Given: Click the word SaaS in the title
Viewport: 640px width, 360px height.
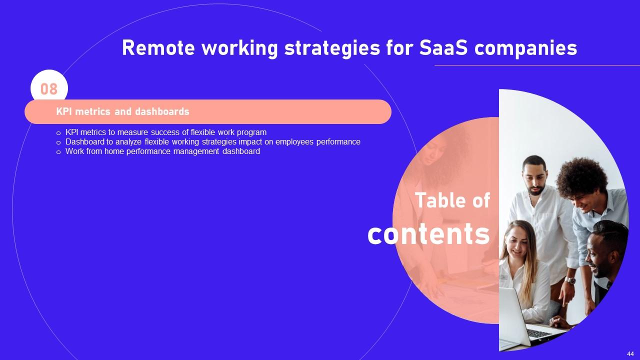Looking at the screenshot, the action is pos(443,47).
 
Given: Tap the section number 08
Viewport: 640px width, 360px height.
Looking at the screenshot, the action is pos(49,89).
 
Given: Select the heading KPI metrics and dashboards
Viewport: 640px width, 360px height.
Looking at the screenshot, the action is pos(122,111).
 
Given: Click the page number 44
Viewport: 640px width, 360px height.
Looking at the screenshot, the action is pos(630,354).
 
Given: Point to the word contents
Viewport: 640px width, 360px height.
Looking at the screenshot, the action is pos(429,234).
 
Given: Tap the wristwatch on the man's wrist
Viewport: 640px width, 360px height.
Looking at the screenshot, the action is pos(569,280).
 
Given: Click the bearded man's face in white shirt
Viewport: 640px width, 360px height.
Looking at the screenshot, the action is pos(535,178).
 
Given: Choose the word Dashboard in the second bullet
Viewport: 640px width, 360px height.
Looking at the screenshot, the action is pos(85,141).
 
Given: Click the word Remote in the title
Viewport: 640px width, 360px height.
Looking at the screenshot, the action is pos(158,47).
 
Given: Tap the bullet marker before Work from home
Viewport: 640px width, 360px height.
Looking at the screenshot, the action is pos(58,152).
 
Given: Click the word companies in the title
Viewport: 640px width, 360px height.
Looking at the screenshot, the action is pos(525,48).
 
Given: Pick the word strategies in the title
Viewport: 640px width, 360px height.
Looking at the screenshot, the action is pos(332,48).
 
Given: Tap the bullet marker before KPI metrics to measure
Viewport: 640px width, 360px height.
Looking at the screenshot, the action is pos(58,133).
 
